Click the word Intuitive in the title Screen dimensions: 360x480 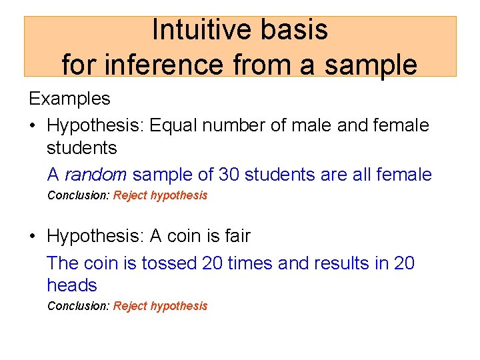click(196, 30)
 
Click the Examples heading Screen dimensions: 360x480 click(69, 99)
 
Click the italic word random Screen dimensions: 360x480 click(95, 175)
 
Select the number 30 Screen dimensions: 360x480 click(229, 175)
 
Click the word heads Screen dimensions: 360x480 click(72, 285)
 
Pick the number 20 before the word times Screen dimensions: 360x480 click(212, 263)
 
